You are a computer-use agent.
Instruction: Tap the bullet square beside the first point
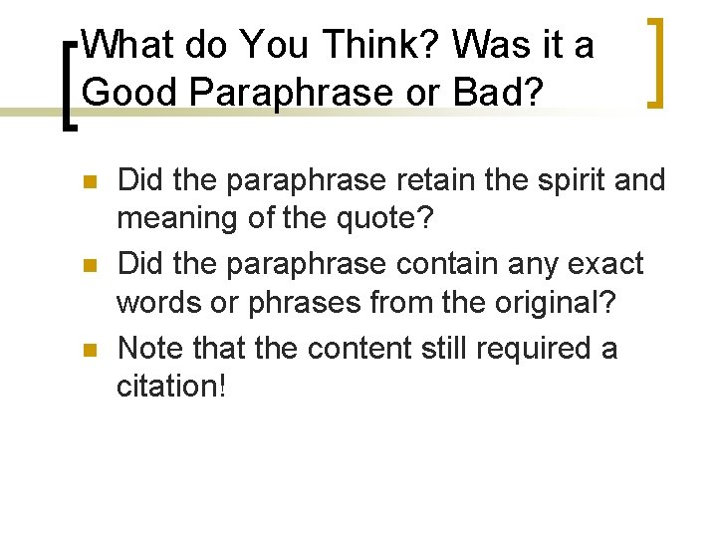88,183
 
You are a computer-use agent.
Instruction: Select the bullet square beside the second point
88,266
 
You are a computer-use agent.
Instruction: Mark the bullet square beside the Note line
88,351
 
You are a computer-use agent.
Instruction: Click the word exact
606,264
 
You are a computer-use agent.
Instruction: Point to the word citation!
172,385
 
